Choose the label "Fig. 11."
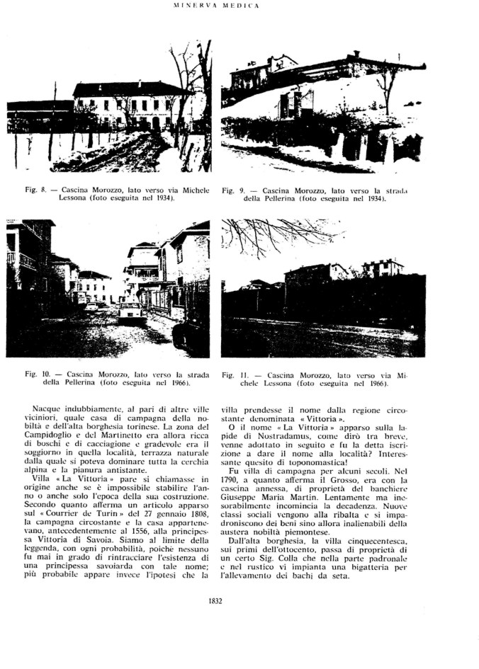[235, 372]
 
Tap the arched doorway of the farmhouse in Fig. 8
[156, 123]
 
